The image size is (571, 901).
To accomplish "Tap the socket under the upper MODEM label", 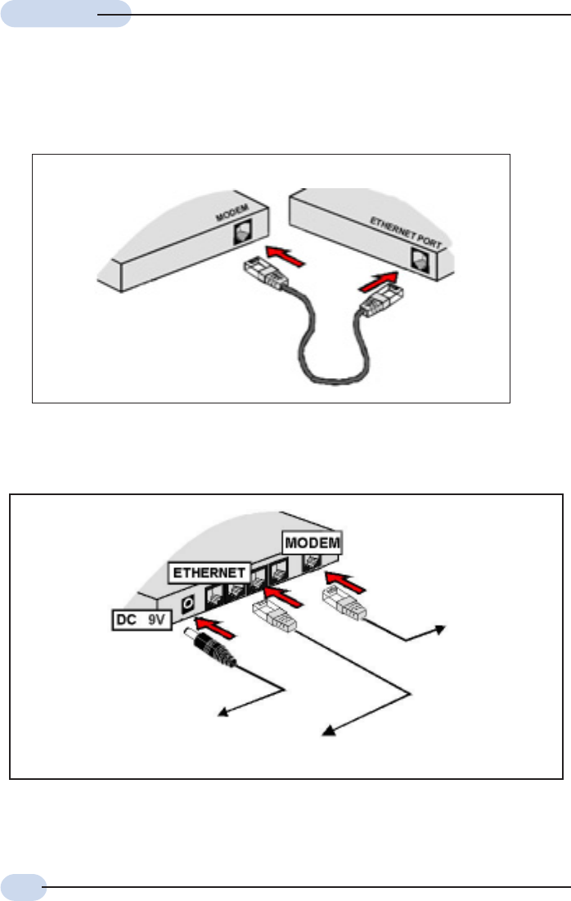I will [243, 233].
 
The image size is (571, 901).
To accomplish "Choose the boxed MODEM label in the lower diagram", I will [312, 543].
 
